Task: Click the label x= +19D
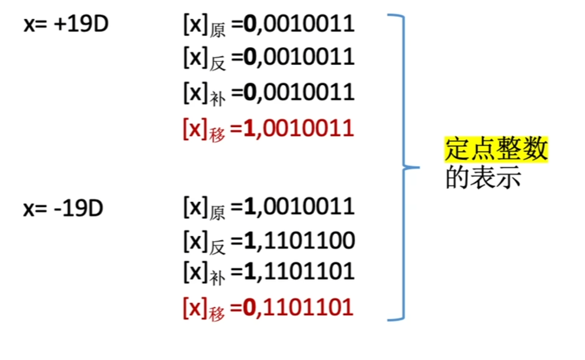click(x=66, y=24)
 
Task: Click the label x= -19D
click(x=63, y=208)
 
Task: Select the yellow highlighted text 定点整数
click(x=496, y=149)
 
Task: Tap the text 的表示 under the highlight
click(x=483, y=178)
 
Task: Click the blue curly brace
click(x=403, y=167)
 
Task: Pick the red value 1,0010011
click(x=298, y=129)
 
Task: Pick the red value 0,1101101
click(x=298, y=308)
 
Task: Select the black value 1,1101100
click(x=299, y=241)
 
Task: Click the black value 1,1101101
click(x=299, y=271)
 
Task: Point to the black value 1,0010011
click(x=299, y=207)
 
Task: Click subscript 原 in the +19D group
click(x=217, y=30)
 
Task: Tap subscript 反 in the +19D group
click(x=217, y=64)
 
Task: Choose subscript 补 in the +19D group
click(x=217, y=99)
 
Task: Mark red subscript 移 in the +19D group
click(x=217, y=135)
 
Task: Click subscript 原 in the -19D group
click(x=217, y=213)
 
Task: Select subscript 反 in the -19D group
click(x=217, y=248)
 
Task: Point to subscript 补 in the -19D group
click(x=217, y=278)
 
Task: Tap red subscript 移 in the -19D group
click(x=217, y=314)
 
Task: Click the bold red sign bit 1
click(x=249, y=128)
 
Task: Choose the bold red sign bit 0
click(x=249, y=307)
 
